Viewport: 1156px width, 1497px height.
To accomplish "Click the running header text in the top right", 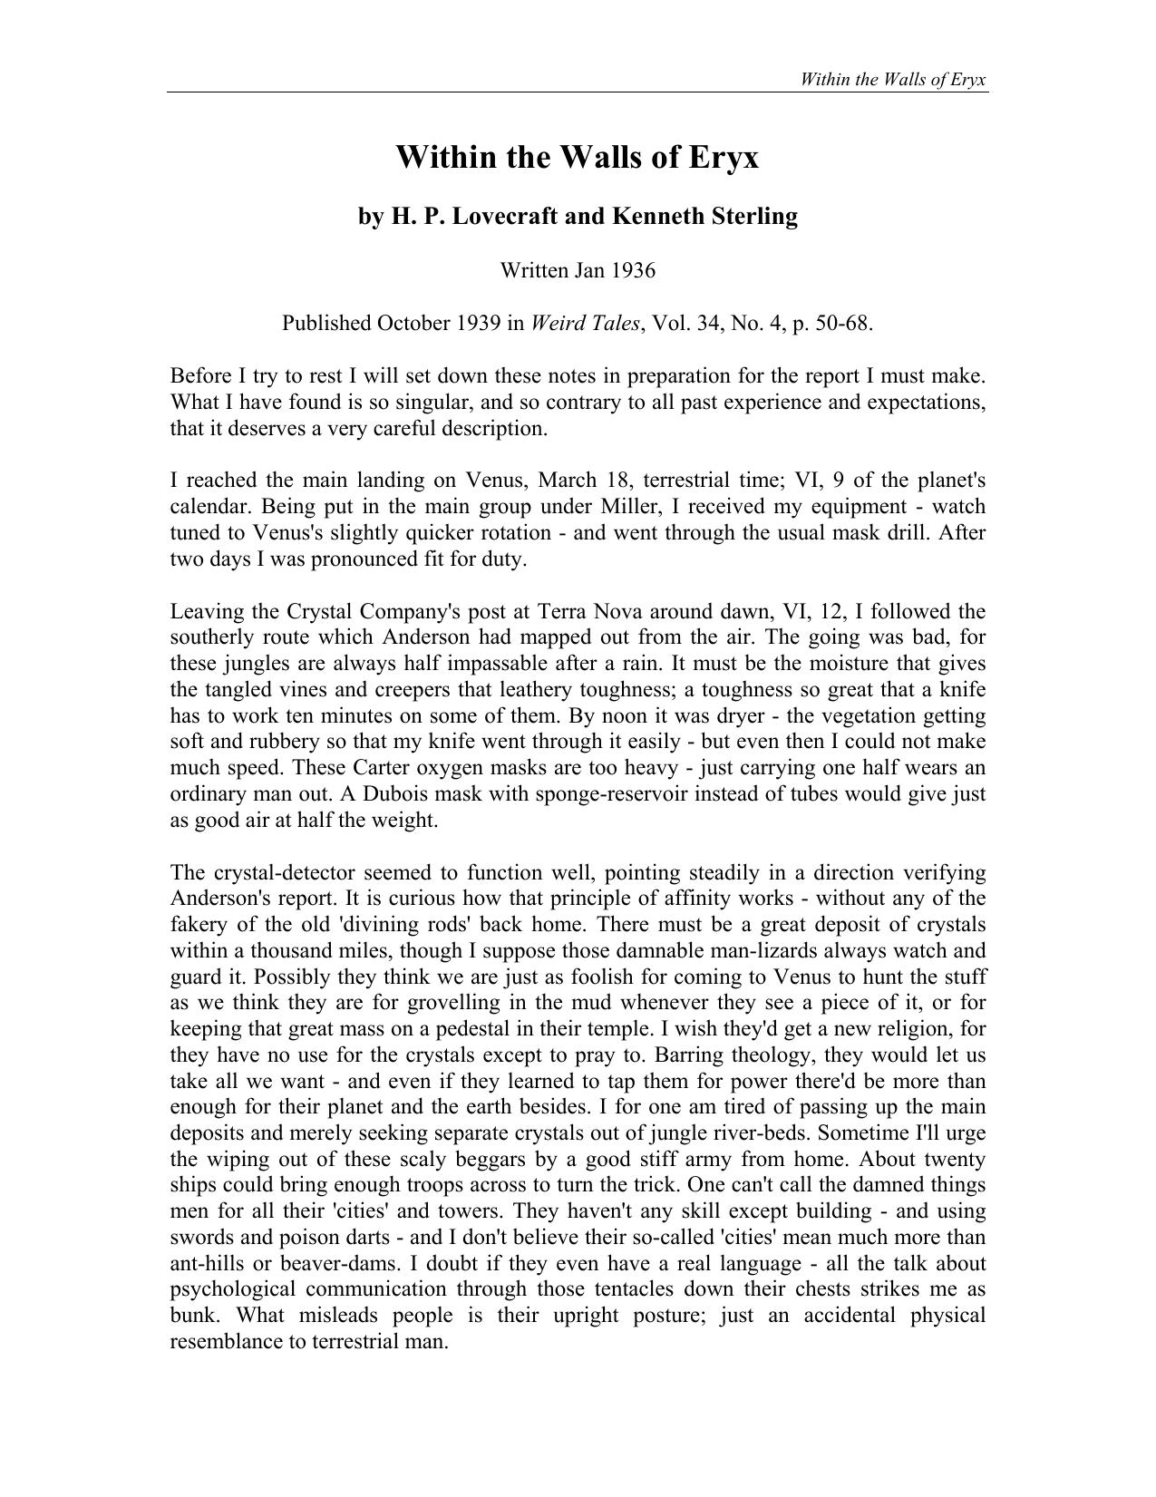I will point(892,79).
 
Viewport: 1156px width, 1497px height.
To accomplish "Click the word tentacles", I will point(627,1289).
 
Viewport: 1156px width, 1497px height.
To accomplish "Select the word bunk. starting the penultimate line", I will point(193,1316).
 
